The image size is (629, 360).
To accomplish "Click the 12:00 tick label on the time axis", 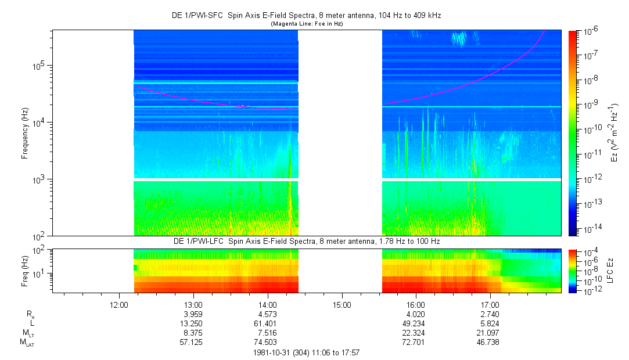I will coord(118,304).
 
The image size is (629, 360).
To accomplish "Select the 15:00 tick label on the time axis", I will coord(342,304).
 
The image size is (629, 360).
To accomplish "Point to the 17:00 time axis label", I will coord(490,304).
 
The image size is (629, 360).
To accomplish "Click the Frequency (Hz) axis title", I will coord(25,133).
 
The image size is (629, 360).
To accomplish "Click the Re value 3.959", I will coord(193,314).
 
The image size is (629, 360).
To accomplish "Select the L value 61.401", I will coord(267,323).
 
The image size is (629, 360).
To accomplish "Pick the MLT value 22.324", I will coord(416,333).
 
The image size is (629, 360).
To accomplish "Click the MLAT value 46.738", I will coord(490,343).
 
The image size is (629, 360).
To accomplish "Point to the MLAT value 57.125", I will coord(193,343).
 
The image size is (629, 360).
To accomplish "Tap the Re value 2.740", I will coord(490,314).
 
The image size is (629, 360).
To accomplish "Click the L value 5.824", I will coord(490,323).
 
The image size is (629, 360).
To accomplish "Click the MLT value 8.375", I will coord(193,333).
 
